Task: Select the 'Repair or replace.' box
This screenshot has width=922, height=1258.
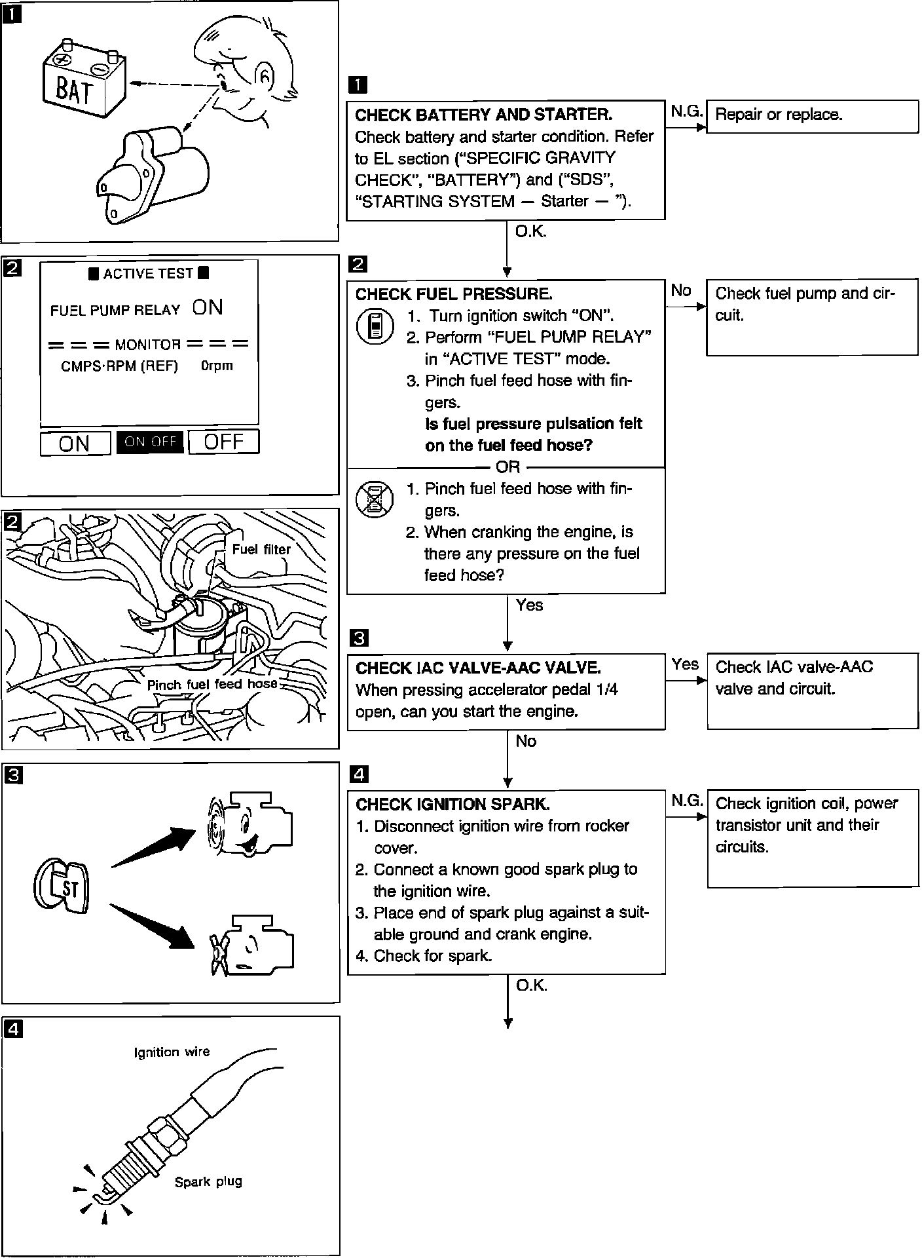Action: click(x=812, y=116)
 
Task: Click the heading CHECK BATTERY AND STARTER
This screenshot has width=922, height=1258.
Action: click(x=483, y=115)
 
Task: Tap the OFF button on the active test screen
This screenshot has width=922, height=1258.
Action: click(x=224, y=442)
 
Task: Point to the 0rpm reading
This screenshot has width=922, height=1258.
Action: click(x=217, y=366)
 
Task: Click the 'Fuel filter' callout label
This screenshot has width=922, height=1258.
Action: click(x=261, y=549)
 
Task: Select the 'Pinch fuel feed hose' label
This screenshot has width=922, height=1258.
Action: click(x=212, y=685)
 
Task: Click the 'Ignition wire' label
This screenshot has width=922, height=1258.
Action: click(x=172, y=1052)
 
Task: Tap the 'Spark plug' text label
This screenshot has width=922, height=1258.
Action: click(x=208, y=1181)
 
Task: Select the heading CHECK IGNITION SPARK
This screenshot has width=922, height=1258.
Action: click(x=452, y=805)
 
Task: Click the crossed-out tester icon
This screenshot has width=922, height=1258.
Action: click(x=375, y=500)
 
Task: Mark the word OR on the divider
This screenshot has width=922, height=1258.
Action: click(x=508, y=467)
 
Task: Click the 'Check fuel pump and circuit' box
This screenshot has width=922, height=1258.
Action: click(x=812, y=318)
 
